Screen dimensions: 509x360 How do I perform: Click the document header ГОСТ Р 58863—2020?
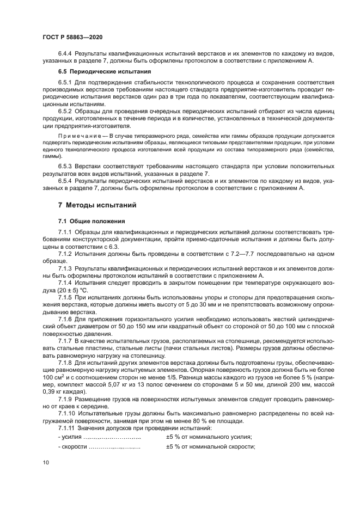[72, 36]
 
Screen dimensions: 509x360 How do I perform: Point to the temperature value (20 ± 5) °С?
[62, 291]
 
